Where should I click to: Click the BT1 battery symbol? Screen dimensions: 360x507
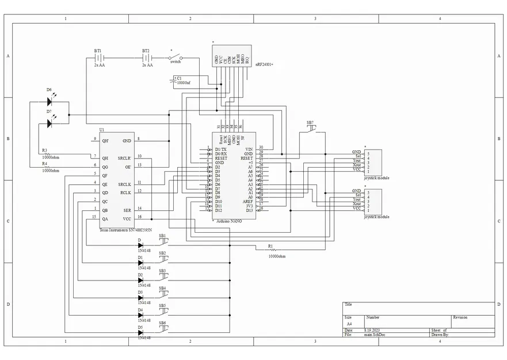[99, 58]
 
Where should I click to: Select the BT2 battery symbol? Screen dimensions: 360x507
[147, 58]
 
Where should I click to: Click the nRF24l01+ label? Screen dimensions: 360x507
[264, 65]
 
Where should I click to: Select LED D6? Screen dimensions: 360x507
[49, 103]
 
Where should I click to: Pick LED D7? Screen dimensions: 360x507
[49, 123]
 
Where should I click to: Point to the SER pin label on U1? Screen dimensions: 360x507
[127, 210]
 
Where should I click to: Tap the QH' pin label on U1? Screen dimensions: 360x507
[105, 140]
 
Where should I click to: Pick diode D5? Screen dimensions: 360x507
[140, 332]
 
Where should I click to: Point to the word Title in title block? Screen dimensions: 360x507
[348, 305]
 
